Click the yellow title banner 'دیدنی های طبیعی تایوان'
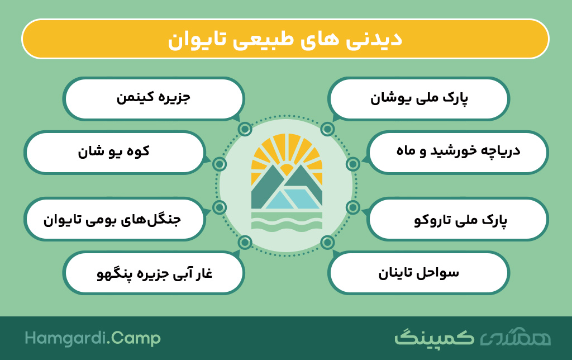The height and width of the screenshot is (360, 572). click(285, 39)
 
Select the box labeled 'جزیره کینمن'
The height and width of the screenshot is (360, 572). click(154, 98)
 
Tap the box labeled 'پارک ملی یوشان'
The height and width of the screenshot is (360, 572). click(418, 98)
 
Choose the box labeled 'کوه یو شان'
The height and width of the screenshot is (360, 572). click(114, 152)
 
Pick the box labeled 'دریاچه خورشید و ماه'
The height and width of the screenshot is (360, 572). click(458, 152)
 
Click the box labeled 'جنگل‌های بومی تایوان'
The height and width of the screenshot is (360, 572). click(114, 219)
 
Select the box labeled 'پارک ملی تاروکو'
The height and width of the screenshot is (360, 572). click(458, 219)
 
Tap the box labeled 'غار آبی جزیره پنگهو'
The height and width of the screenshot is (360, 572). click(154, 273)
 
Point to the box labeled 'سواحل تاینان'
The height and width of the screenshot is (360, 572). click(418, 273)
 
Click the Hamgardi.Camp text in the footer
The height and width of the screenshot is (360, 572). click(93, 338)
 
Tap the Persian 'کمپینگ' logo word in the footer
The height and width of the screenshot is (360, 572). click(435, 338)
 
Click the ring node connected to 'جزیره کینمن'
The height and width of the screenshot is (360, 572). click(245, 129)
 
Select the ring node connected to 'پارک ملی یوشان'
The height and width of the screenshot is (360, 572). click(327, 129)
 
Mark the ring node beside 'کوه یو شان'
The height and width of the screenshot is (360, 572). click(219, 164)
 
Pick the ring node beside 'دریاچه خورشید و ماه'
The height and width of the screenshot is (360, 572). click(353, 164)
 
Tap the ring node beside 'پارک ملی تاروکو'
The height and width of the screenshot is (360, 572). click(353, 207)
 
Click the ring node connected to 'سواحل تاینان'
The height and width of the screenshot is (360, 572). click(327, 242)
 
